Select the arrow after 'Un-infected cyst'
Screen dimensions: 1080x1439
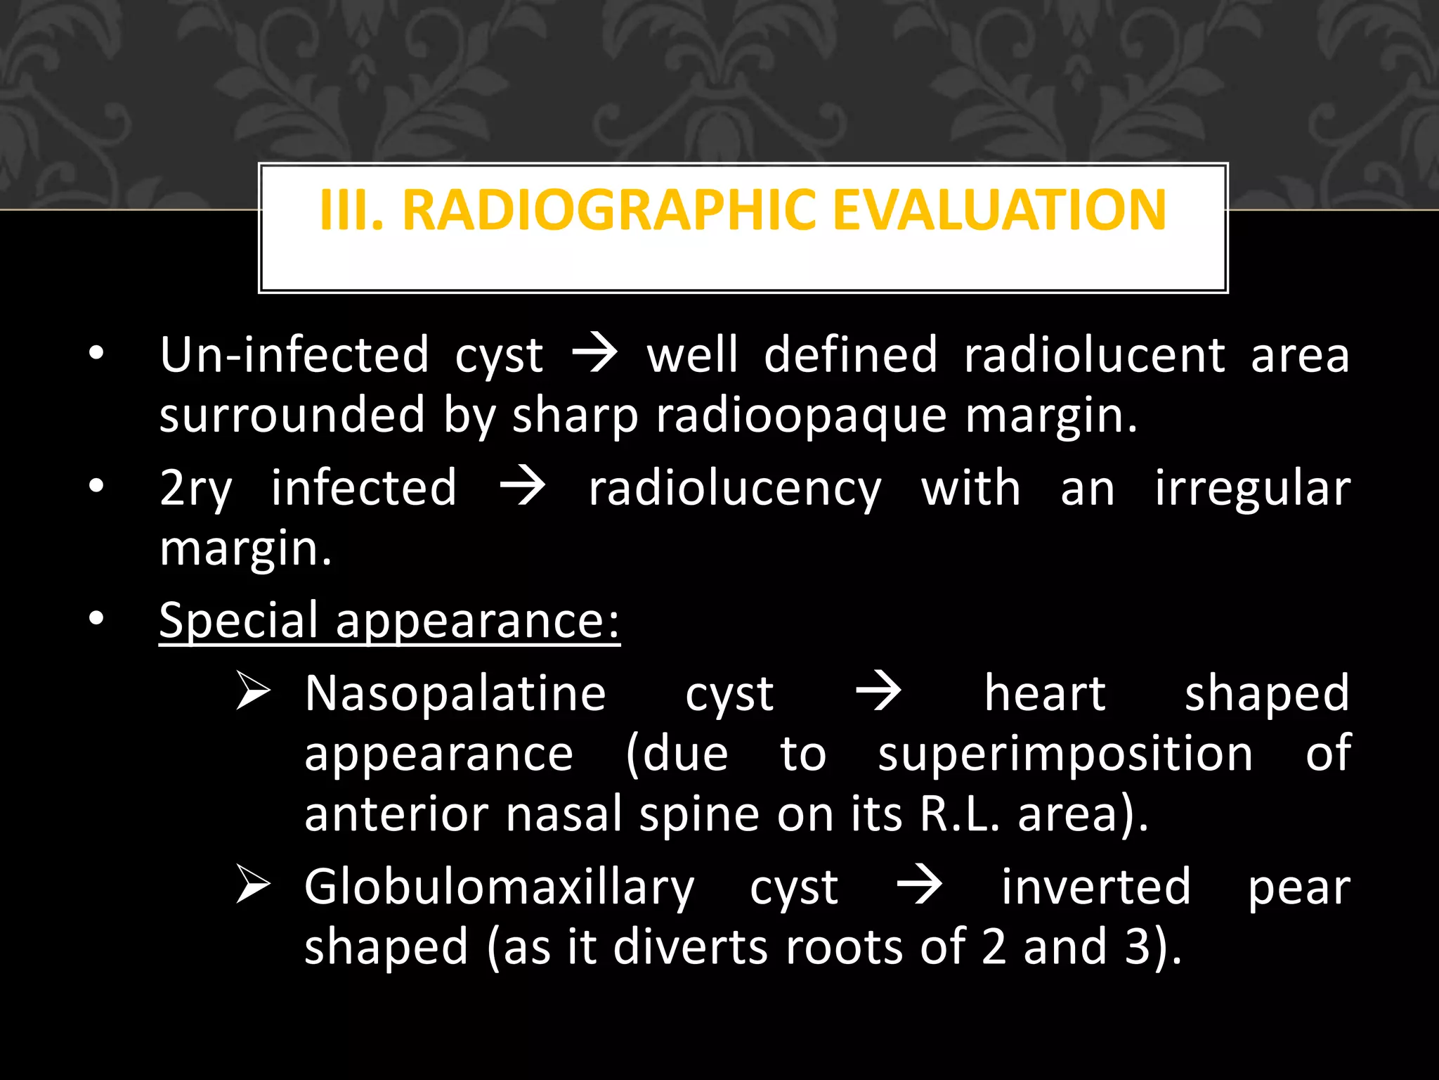(x=594, y=354)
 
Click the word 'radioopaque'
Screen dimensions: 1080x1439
(x=802, y=416)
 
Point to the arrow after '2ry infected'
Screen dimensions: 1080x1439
(x=522, y=487)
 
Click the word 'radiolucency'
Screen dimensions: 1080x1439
(x=735, y=489)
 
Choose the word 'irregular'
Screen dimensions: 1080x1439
(x=1252, y=489)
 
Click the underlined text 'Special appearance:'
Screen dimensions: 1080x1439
(x=389, y=620)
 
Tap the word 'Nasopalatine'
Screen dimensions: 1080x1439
(x=455, y=694)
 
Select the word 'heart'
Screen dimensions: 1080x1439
(x=1045, y=694)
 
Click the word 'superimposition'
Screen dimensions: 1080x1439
(x=1065, y=754)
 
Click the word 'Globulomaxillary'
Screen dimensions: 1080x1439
(x=499, y=887)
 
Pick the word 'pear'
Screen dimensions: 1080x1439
(x=1298, y=887)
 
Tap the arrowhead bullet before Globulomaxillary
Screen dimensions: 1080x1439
(x=253, y=884)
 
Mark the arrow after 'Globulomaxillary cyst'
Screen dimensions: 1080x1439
(x=920, y=885)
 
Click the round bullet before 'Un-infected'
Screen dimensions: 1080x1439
(x=96, y=353)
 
